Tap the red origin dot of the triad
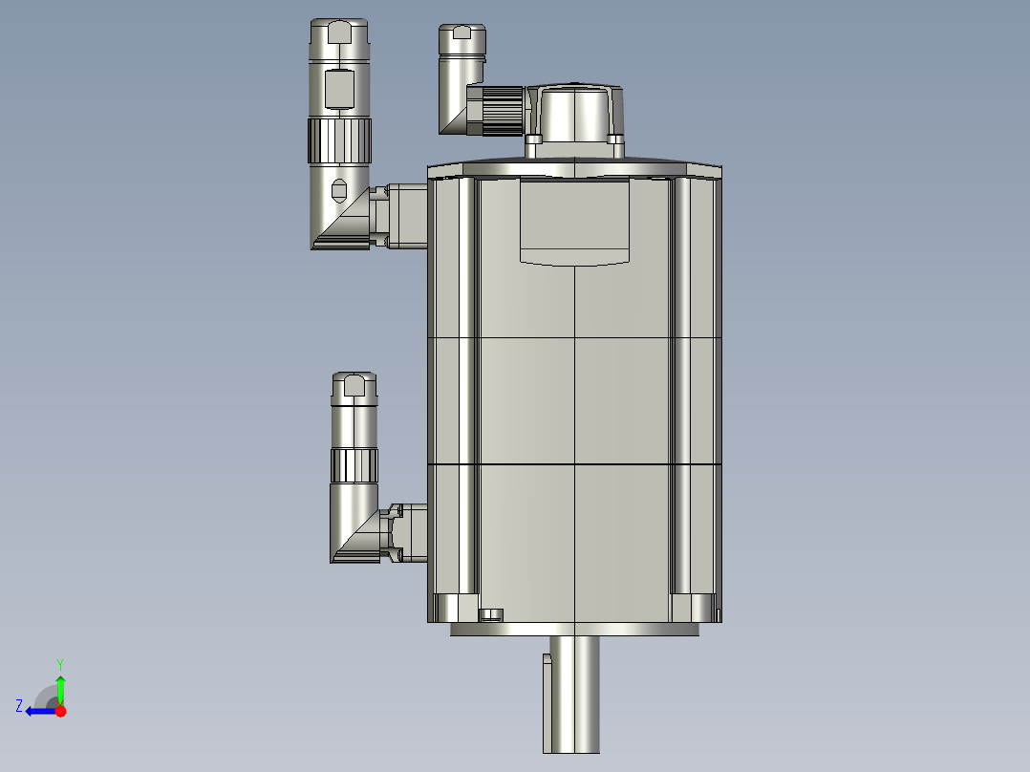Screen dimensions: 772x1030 (60, 711)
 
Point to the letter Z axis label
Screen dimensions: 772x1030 (19, 705)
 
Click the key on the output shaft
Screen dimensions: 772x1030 (547, 701)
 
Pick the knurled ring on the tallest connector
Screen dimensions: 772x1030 (339, 140)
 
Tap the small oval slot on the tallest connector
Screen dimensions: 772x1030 (338, 189)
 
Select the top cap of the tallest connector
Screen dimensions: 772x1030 (339, 32)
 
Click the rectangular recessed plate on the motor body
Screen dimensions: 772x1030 (575, 222)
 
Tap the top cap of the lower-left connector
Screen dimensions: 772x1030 (354, 386)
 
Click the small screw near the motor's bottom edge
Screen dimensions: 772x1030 (492, 614)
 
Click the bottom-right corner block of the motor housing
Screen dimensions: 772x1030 (695, 608)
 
